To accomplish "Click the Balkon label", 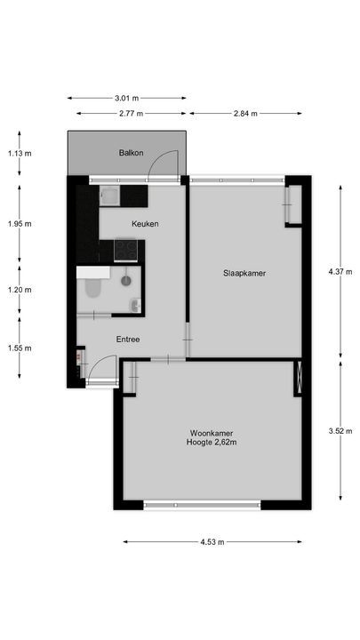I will point(132,153).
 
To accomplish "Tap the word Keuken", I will point(145,224).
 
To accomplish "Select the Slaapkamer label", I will point(246,274).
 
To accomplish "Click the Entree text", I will point(128,339).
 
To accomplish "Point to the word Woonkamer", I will point(212,433).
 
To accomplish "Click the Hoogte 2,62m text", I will point(212,443).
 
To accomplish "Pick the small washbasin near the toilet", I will point(134,306).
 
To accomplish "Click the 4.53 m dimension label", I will point(212,541).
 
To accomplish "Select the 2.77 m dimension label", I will point(132,114).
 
